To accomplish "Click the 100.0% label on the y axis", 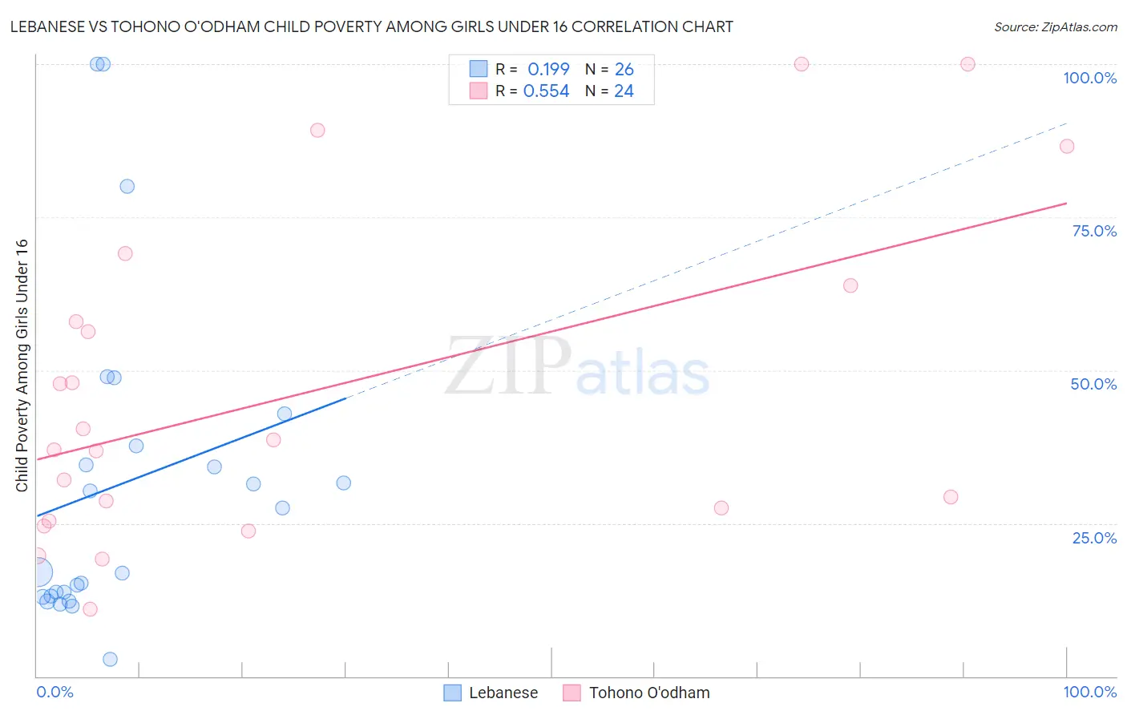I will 1089,78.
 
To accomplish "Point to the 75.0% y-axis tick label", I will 1094,231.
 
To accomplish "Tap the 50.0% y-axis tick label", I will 1093,384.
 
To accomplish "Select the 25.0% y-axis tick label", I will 1094,538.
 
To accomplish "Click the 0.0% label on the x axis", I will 55,692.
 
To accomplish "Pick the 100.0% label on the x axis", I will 1089,692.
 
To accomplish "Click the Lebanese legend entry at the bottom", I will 503,693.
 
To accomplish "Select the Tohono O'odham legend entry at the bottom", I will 648,693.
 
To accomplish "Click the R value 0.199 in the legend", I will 548,70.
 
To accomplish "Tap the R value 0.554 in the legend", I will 546,91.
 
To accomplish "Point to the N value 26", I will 624,70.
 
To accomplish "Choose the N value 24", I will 624,91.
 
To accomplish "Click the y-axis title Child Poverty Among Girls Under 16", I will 22,366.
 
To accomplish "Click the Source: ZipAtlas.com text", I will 1055,27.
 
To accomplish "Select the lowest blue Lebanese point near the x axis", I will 111,659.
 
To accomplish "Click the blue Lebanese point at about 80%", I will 127,186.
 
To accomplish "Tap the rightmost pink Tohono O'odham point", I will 1066,146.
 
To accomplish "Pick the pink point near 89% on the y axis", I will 317,130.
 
